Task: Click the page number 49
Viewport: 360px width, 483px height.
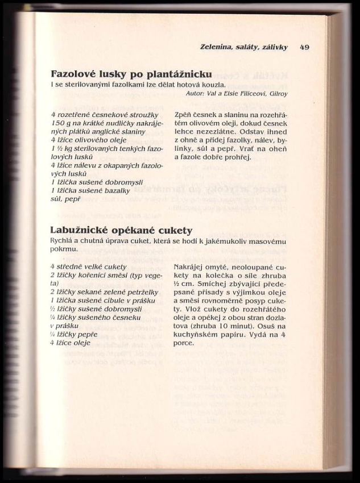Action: point(304,47)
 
